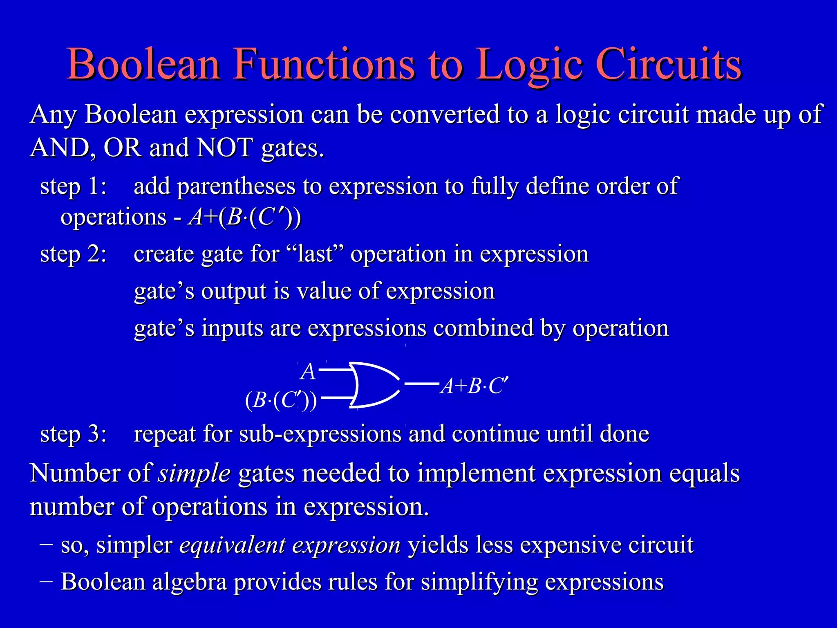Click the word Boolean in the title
pyautogui.click(x=144, y=65)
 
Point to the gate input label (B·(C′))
pyautogui.click(x=281, y=400)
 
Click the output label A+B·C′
pyautogui.click(x=474, y=386)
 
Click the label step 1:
pyautogui.click(x=74, y=186)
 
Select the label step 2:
pyautogui.click(x=74, y=254)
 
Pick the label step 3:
pyautogui.click(x=74, y=434)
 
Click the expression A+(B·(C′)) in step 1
pyautogui.click(x=244, y=217)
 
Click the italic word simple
pyautogui.click(x=195, y=473)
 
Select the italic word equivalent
pyautogui.click(x=232, y=545)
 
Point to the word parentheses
pyautogui.click(x=236, y=186)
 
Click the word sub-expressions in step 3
pyautogui.click(x=320, y=434)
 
